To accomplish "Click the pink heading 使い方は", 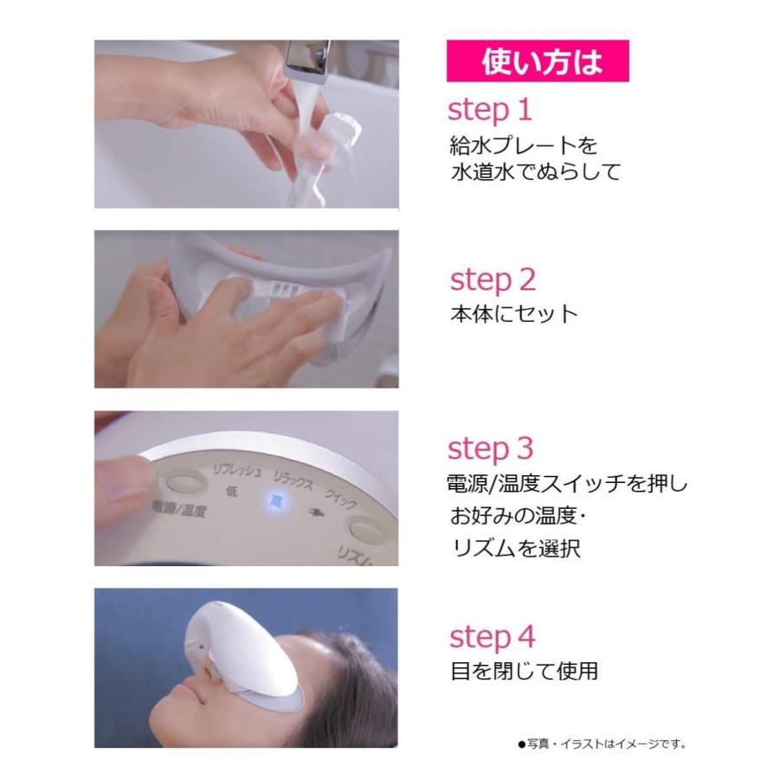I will pyautogui.click(x=537, y=62).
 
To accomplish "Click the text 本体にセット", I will pyautogui.click(x=513, y=313).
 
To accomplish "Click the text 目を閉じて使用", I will pyautogui.click(x=524, y=670).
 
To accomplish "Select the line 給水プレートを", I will pyautogui.click(x=523, y=143).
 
